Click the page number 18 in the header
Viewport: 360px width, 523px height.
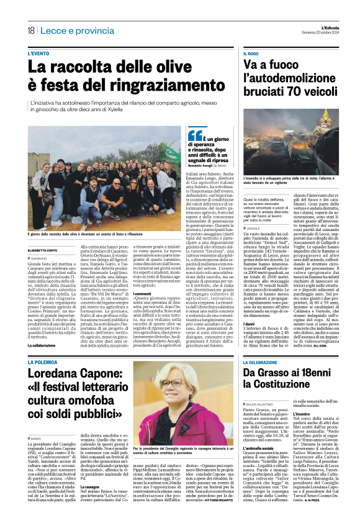[30, 30]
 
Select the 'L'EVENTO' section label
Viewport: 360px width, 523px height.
[39, 54]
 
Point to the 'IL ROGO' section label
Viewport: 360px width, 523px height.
[250, 54]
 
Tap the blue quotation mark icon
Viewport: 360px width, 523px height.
[195, 135]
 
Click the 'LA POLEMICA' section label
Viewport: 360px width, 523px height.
[42, 361]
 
